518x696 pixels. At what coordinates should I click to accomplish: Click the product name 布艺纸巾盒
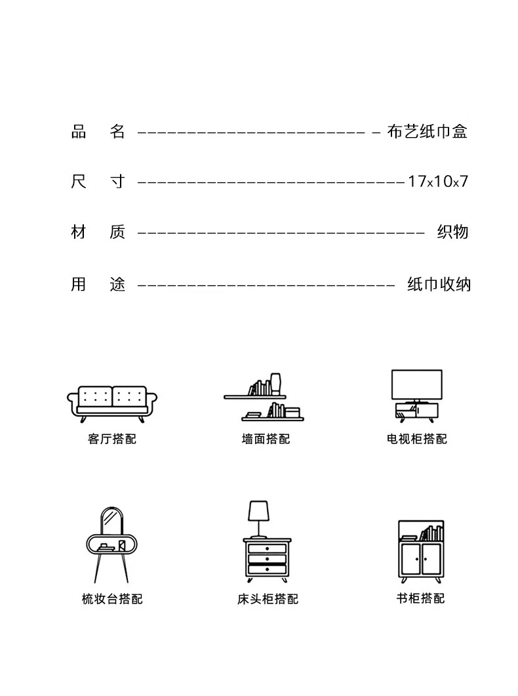(427, 132)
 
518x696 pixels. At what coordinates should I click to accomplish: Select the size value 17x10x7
(437, 181)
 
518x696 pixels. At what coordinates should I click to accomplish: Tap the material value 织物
(452, 232)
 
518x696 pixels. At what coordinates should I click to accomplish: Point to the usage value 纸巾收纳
(439, 284)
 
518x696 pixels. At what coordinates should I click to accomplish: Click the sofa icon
(112, 402)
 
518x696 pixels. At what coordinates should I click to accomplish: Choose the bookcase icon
(421, 550)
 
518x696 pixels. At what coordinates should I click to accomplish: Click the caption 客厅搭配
(112, 439)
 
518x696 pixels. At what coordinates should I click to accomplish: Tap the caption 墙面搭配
(266, 439)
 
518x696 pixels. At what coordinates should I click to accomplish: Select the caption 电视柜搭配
(417, 439)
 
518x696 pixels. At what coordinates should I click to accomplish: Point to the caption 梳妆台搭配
(112, 598)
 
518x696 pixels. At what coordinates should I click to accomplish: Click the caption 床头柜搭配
(268, 598)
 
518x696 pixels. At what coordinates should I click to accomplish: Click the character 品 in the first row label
(79, 132)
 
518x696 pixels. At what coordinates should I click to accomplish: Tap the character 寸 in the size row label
(117, 181)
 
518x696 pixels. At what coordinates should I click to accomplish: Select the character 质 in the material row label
(117, 232)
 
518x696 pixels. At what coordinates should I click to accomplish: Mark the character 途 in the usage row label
(117, 284)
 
